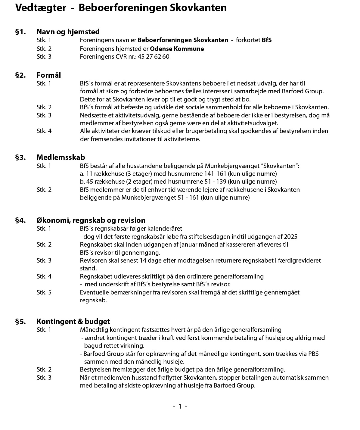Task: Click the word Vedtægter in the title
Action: click(x=41, y=8)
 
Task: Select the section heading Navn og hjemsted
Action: click(x=68, y=32)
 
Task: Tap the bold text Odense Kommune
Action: click(x=177, y=49)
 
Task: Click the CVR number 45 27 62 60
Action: click(x=154, y=57)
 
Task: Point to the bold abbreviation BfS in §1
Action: click(x=267, y=40)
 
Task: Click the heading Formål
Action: click(x=49, y=75)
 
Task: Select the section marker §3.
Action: click(x=20, y=157)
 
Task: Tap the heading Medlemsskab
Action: click(x=61, y=157)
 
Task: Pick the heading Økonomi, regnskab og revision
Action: click(x=91, y=220)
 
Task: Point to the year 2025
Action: click(x=290, y=237)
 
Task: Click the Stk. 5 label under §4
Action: click(x=44, y=292)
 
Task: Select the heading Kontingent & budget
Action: click(x=73, y=321)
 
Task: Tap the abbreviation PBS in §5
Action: click(x=313, y=354)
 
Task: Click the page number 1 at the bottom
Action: click(x=180, y=407)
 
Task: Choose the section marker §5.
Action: click(x=20, y=321)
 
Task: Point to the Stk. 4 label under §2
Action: click(x=44, y=131)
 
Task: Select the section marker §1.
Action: click(x=20, y=32)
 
